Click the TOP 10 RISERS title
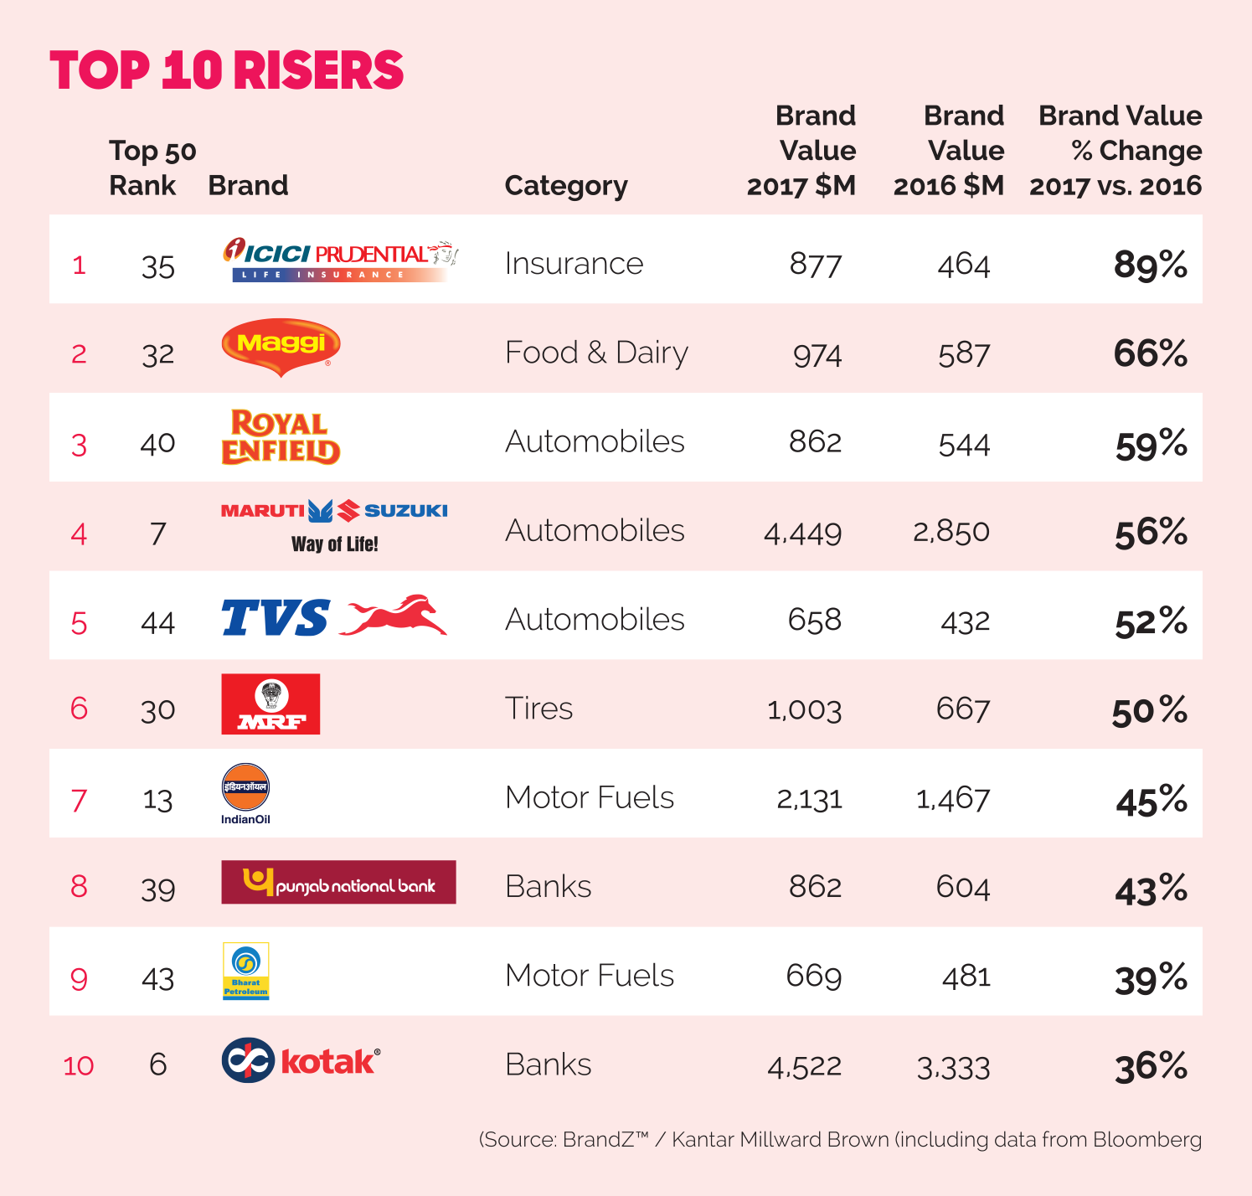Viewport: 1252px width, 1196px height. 227,70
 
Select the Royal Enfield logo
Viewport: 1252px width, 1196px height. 281,437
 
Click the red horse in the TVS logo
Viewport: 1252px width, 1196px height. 394,616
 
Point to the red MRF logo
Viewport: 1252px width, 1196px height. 270,704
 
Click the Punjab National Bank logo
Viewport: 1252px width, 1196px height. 338,882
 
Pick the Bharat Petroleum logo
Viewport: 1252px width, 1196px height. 245,972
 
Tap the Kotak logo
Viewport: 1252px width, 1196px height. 301,1060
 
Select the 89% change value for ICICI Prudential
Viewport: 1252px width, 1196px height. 1150,265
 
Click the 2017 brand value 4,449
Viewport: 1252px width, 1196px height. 802,533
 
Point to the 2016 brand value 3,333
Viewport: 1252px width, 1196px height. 953,1068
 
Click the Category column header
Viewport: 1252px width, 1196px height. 566,185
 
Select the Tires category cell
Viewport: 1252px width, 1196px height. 539,709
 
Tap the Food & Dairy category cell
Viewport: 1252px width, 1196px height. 596,353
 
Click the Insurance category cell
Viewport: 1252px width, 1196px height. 574,264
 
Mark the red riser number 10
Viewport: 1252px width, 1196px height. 79,1065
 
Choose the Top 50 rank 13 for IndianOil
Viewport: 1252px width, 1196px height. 157,799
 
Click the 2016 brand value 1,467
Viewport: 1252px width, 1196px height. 953,799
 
